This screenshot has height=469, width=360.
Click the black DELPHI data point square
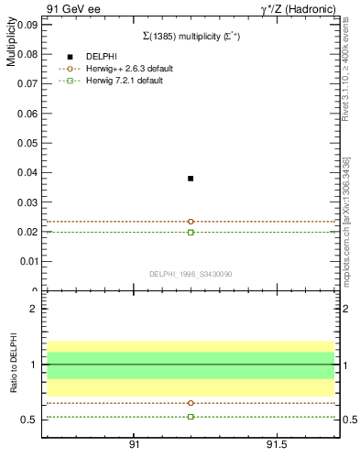coord(191,179)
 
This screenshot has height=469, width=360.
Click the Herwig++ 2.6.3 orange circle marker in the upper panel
coord(191,222)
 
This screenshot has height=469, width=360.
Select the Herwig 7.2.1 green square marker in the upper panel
coord(191,233)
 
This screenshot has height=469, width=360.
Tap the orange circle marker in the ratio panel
coord(191,403)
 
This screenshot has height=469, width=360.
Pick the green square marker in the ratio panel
coord(191,417)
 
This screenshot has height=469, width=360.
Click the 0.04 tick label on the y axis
coord(28,172)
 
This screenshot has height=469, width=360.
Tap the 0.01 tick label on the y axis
coord(28,261)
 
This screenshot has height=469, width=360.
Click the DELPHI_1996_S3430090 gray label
coord(190,274)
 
